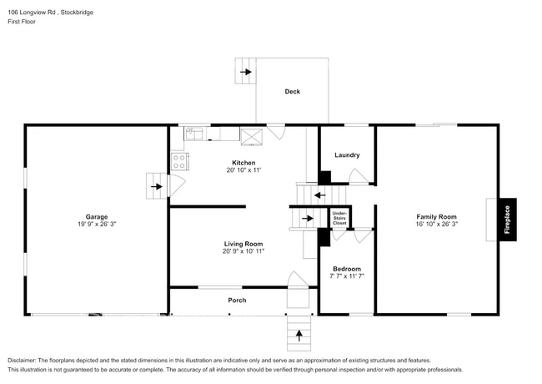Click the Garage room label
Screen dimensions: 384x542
coord(97,217)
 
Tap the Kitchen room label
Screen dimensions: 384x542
coord(243,163)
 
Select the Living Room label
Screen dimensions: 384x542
coord(243,244)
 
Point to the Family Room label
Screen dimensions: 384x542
coord(437,217)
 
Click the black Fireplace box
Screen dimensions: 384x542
coord(505,220)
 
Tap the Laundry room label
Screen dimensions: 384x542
coord(347,155)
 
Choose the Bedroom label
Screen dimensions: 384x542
coord(346,268)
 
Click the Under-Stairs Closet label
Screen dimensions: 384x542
coord(339,219)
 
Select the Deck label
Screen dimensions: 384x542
coord(292,92)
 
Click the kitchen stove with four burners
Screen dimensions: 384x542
coord(178,162)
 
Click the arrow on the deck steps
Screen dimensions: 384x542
coord(246,72)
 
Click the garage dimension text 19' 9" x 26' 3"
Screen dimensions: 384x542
coord(97,225)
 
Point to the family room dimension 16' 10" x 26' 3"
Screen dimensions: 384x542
coord(437,225)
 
